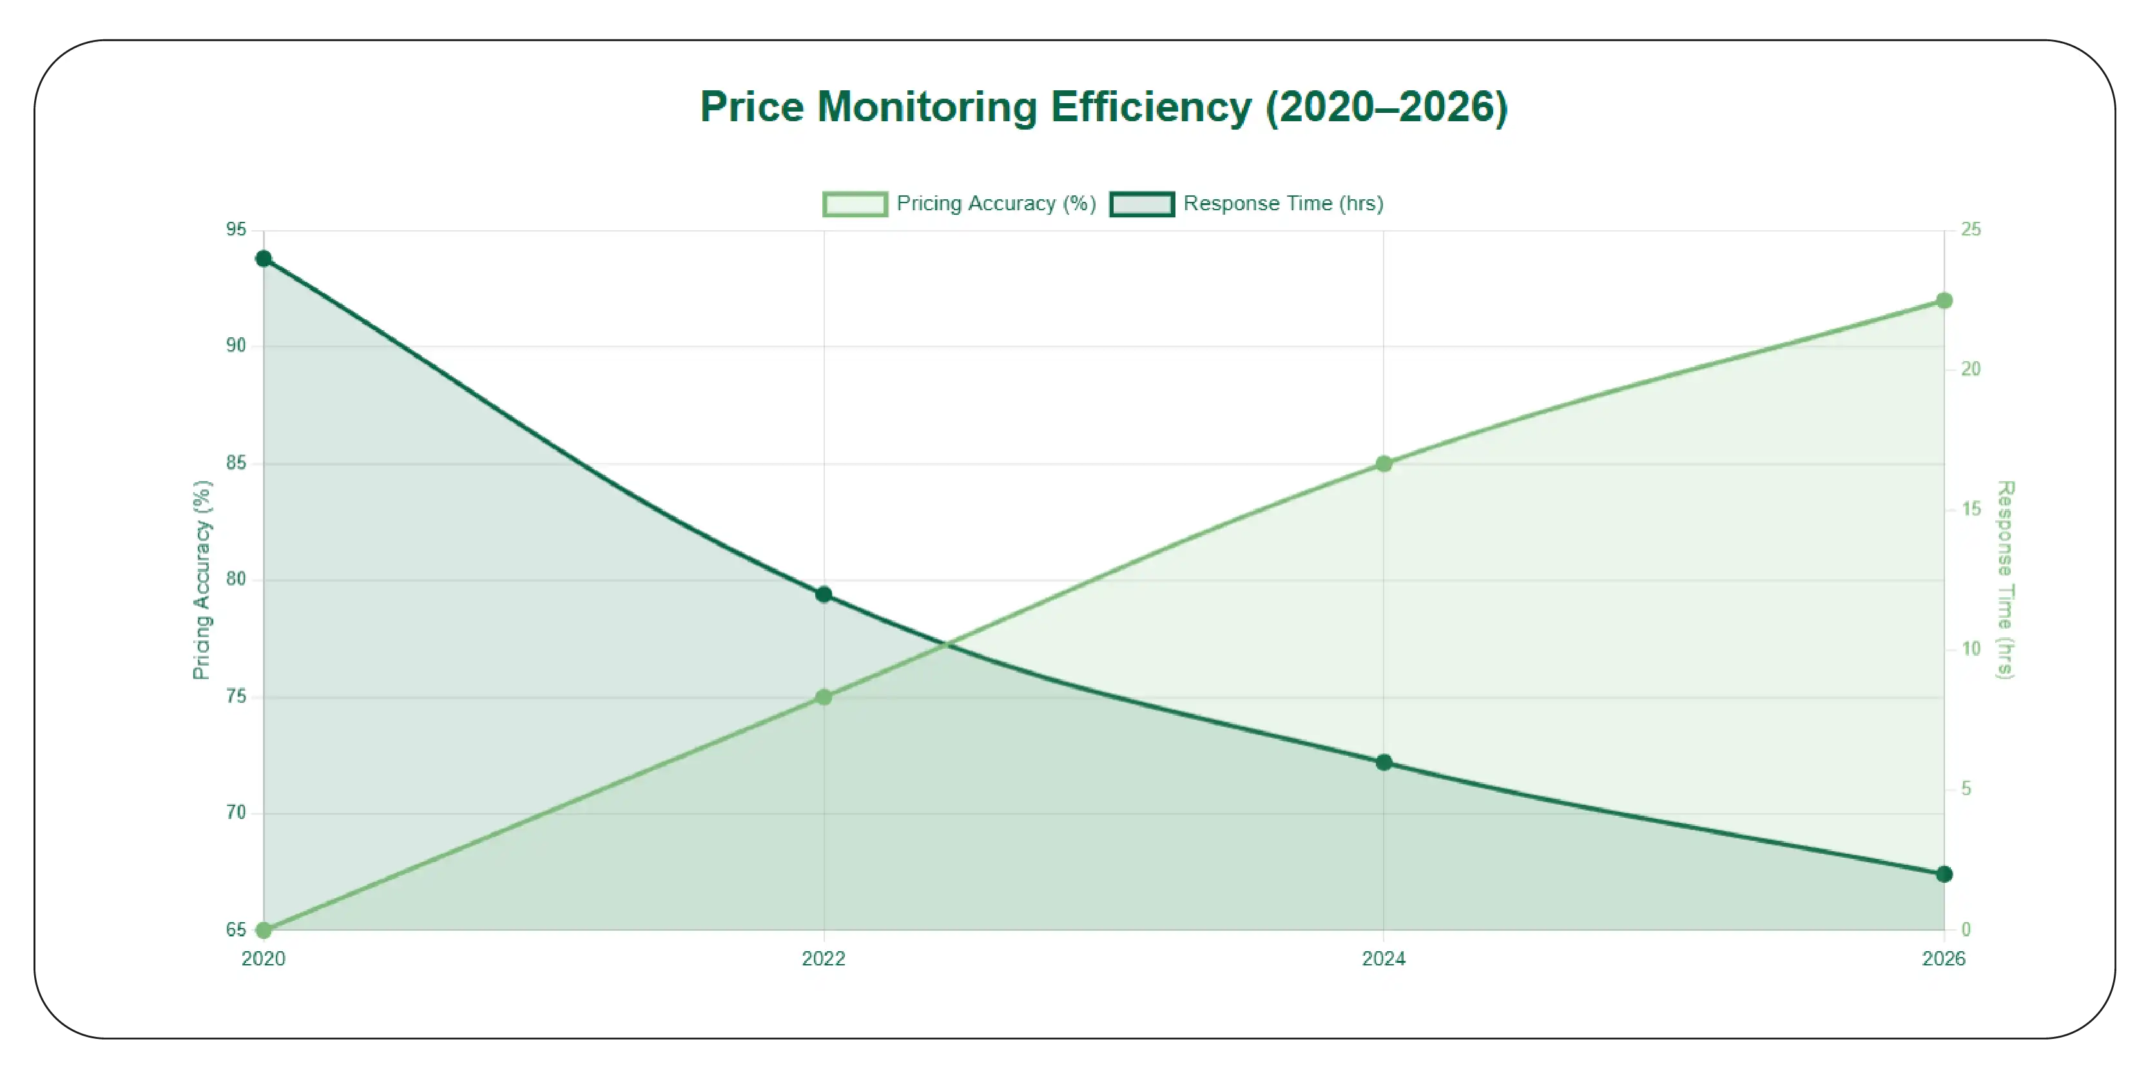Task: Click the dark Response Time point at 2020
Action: (x=263, y=259)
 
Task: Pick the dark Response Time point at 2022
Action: (x=823, y=594)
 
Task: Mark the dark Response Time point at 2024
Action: (x=1384, y=762)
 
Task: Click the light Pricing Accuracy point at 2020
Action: (x=263, y=929)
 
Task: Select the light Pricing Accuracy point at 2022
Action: (x=823, y=696)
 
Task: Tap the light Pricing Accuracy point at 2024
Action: (x=1384, y=464)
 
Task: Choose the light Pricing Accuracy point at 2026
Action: (x=1944, y=301)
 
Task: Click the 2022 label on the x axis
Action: (x=823, y=958)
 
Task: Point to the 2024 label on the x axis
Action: (x=1384, y=958)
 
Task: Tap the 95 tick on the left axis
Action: (x=236, y=229)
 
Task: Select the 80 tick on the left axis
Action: (x=236, y=578)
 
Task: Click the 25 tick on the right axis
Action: (x=1970, y=229)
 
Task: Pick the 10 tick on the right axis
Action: (x=1970, y=648)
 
